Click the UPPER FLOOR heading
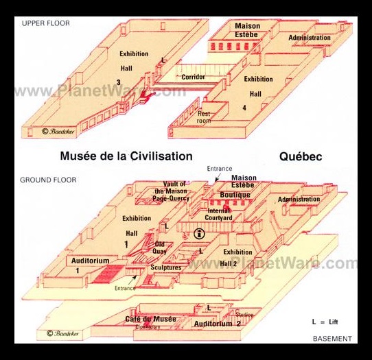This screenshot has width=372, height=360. click(46, 23)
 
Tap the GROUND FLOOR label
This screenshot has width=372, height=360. click(48, 180)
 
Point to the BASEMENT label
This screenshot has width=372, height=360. click(332, 339)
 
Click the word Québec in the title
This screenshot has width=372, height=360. click(301, 156)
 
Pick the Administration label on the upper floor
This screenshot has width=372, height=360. click(310, 38)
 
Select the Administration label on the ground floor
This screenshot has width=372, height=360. click(299, 200)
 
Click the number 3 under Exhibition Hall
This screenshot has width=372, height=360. click(119, 82)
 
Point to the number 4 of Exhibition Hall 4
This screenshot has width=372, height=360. click(244, 108)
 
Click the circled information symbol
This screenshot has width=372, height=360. click(200, 233)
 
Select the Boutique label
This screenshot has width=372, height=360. click(235, 195)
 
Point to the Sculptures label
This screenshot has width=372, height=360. click(165, 267)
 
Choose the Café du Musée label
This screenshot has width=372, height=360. click(150, 319)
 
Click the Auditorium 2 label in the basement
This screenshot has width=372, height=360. click(217, 324)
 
